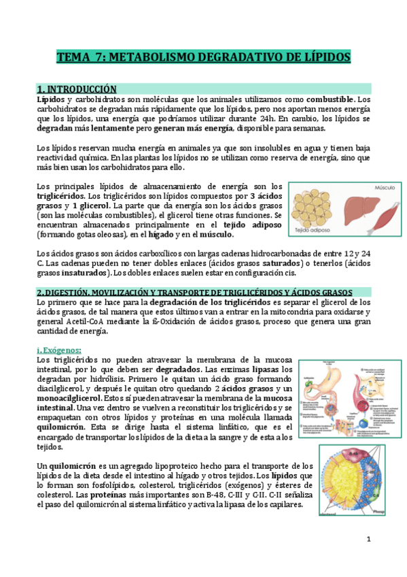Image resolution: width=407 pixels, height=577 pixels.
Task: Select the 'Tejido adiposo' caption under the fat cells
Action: tap(311, 231)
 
